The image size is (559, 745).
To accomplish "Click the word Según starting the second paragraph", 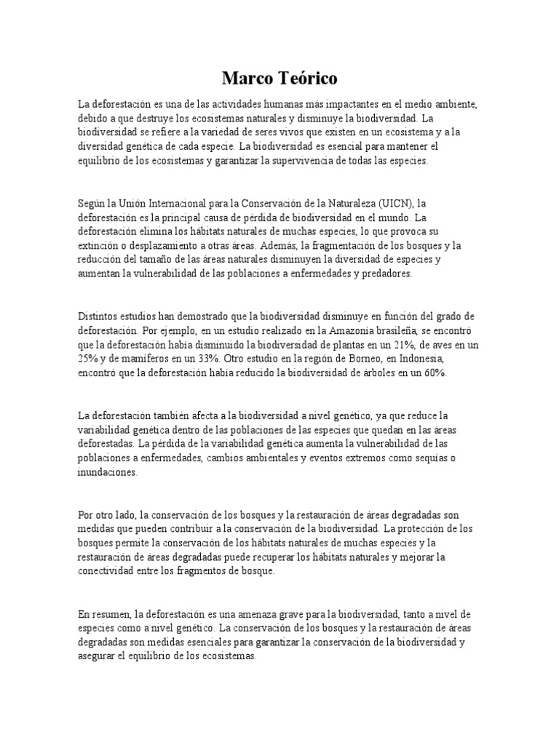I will [x=92, y=203].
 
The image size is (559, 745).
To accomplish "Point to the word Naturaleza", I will [x=335, y=203].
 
